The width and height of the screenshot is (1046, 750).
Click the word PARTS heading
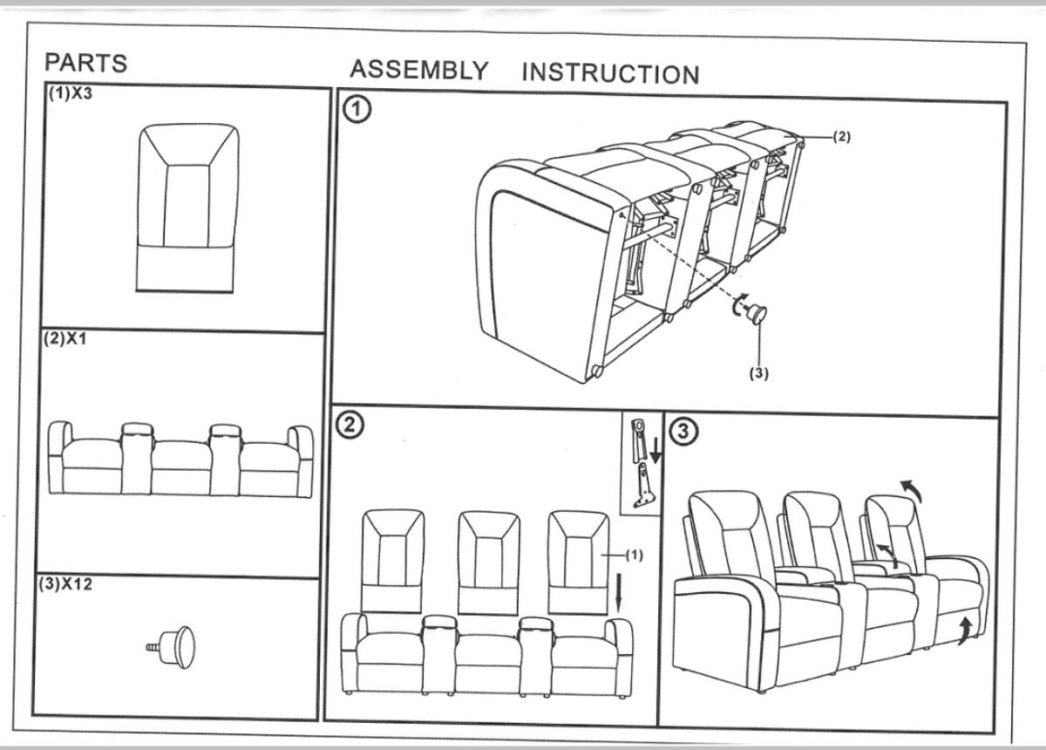pos(85,63)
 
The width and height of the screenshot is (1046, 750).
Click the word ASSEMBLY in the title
pos(418,70)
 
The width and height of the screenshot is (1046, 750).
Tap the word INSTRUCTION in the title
pos(610,74)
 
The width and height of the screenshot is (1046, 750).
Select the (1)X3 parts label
pos(70,94)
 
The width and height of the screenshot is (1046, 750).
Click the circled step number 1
pos(357,109)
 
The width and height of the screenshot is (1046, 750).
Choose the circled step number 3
pos(683,431)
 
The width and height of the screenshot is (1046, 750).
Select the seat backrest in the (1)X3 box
pos(187,208)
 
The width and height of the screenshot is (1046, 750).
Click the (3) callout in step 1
pos(759,372)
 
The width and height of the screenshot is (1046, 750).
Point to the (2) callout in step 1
pos(841,136)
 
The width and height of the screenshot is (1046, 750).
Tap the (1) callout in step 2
pos(634,556)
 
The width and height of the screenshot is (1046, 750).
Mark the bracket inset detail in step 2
pos(642,466)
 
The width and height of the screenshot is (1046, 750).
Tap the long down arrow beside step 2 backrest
pos(620,593)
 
